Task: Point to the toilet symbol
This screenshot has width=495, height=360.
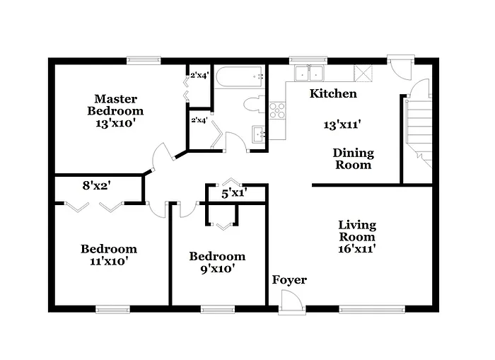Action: [252, 105]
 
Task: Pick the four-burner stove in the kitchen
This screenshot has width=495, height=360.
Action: [277, 110]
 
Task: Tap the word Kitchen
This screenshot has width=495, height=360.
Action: [334, 93]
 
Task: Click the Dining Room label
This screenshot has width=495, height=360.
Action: [353, 159]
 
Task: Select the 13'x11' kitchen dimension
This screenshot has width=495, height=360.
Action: [343, 124]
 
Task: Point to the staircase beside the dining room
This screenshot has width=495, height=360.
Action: [417, 131]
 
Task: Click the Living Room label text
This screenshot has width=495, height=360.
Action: [356, 231]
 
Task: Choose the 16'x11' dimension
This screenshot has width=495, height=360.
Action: [356, 249]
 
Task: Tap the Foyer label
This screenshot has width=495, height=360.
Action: [289, 280]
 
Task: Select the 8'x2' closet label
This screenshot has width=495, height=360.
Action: [98, 187]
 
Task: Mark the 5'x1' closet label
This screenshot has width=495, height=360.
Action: [233, 192]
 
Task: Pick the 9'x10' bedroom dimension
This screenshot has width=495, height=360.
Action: [217, 268]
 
